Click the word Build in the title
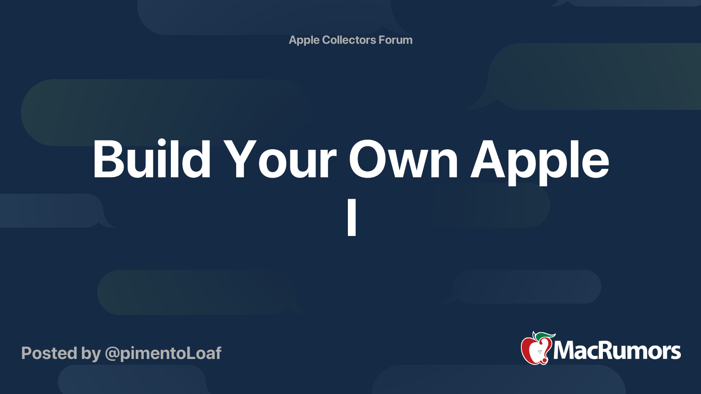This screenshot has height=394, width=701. click(x=152, y=159)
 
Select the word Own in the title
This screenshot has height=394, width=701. click(x=403, y=159)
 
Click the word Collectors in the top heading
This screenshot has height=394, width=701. click(x=349, y=40)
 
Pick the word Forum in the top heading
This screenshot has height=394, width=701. click(x=396, y=40)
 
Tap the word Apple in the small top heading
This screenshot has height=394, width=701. click(x=304, y=40)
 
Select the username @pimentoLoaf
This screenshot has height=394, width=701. click(x=163, y=353)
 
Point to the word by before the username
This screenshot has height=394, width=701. click(x=91, y=354)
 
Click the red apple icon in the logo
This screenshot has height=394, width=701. click(x=535, y=350)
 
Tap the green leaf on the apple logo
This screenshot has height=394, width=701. click(x=546, y=335)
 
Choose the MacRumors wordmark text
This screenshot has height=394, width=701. click(x=617, y=351)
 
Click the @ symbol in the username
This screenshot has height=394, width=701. click(x=112, y=354)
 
